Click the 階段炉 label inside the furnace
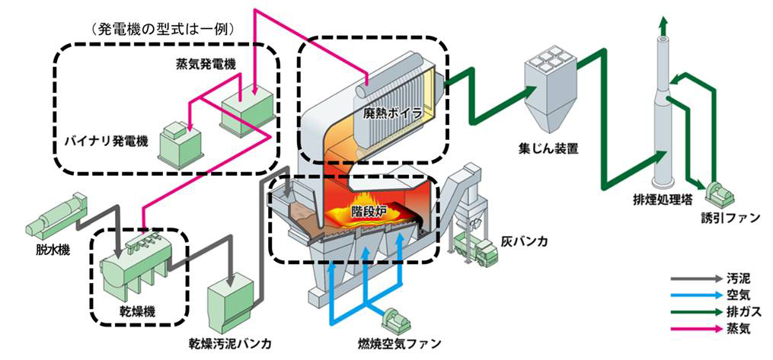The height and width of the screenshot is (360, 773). click(x=369, y=208)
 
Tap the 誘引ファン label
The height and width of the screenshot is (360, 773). click(x=730, y=218)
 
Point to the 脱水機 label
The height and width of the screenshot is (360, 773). click(x=49, y=249)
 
